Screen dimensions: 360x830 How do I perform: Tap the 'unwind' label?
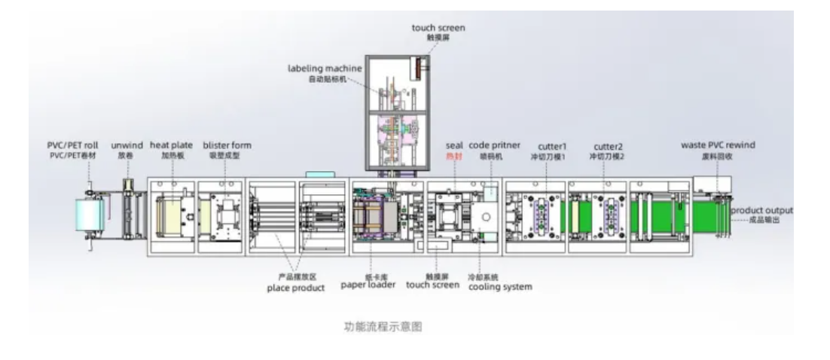point(127,145)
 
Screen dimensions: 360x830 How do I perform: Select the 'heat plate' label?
point(171,145)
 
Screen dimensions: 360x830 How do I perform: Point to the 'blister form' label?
point(227,145)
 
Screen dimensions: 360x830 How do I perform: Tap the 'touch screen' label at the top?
point(438,28)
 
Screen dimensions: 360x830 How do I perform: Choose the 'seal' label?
point(454,145)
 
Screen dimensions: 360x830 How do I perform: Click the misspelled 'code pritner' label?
point(494,145)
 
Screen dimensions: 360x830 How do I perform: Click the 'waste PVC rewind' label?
point(718,145)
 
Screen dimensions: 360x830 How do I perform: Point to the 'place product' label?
point(296,288)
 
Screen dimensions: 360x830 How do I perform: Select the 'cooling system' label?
point(500,287)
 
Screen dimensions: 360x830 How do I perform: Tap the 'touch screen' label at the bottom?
point(432,285)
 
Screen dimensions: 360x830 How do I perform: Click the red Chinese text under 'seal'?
point(454,156)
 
